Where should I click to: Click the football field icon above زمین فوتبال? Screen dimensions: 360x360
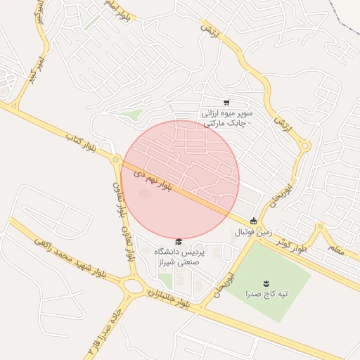pyautogui.click(x=254, y=221)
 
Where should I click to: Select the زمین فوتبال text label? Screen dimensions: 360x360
pyautogui.click(x=252, y=231)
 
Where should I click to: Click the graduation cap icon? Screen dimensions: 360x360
pyautogui.click(x=179, y=242)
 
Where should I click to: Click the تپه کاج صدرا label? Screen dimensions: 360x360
pyautogui.click(x=266, y=292)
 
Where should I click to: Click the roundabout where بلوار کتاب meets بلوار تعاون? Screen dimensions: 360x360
pyautogui.click(x=115, y=160)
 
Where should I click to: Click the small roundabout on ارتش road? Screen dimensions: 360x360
pyautogui.click(x=305, y=146)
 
